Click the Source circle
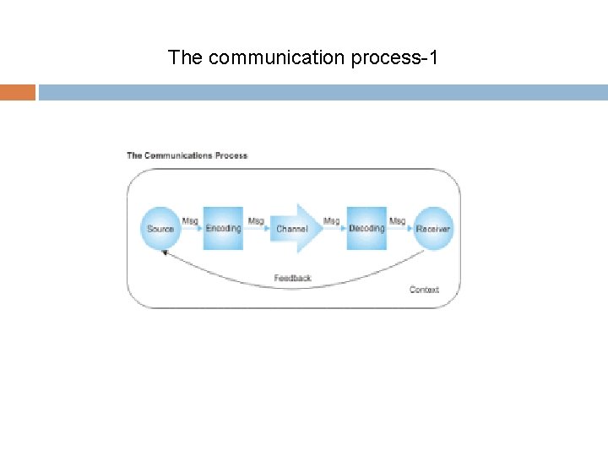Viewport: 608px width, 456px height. (x=160, y=228)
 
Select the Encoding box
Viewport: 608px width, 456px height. (x=223, y=228)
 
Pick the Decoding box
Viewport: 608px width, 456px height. (x=366, y=228)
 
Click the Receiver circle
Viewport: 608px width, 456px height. (x=433, y=228)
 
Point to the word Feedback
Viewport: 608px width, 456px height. (x=292, y=278)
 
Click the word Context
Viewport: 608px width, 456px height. (x=424, y=290)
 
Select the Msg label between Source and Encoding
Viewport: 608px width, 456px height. (x=190, y=221)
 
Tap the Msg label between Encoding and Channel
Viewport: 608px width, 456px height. (x=256, y=221)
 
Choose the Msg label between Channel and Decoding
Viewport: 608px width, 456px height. (x=332, y=221)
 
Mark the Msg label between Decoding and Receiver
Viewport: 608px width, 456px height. (x=397, y=221)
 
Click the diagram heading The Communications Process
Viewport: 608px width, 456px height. (x=187, y=155)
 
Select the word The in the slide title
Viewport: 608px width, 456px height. (x=185, y=57)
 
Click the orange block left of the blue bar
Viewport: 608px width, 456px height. (x=18, y=92)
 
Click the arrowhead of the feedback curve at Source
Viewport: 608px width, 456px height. (x=166, y=252)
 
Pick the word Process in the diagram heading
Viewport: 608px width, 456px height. (x=231, y=155)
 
